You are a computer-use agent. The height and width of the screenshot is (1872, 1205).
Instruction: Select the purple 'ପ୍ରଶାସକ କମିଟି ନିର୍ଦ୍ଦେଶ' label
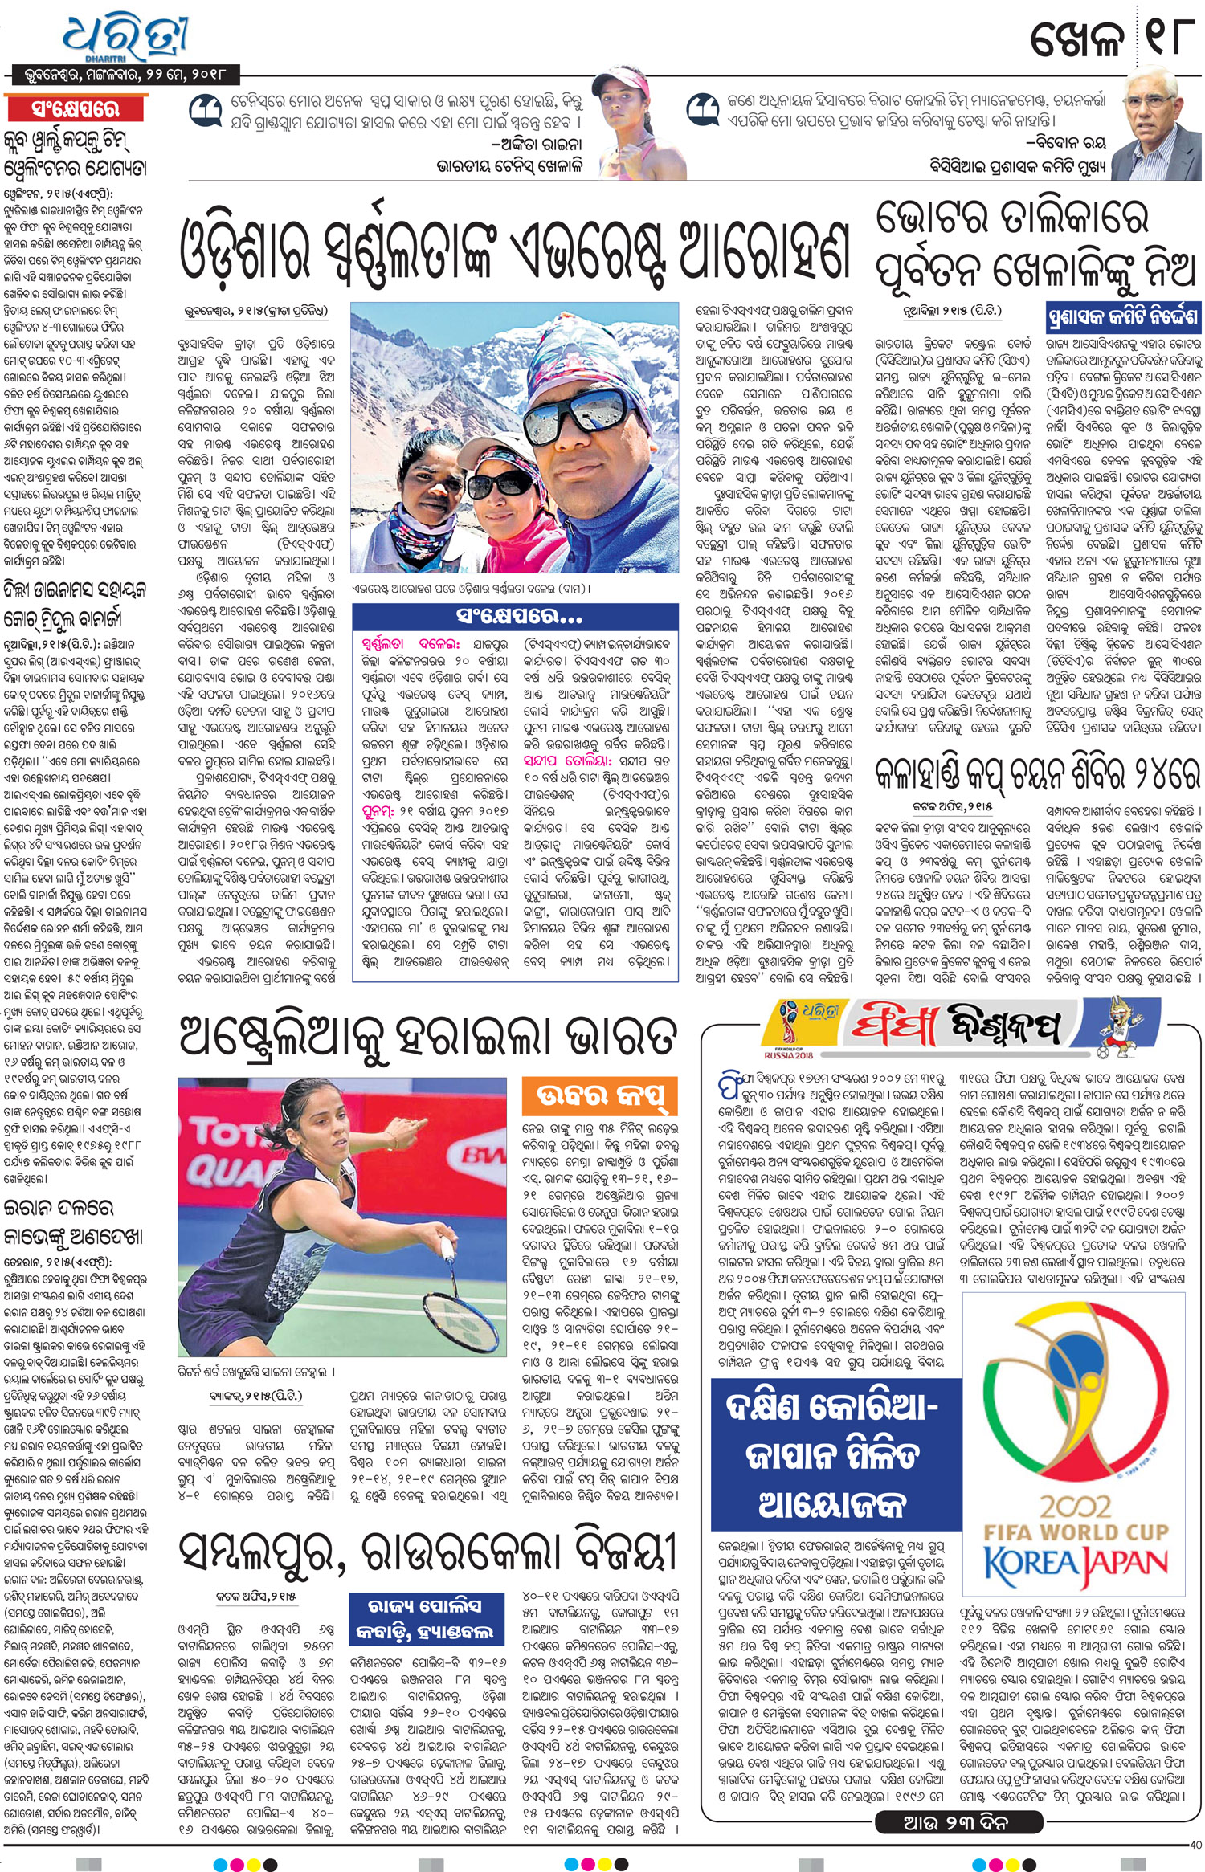[x=1123, y=317]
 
